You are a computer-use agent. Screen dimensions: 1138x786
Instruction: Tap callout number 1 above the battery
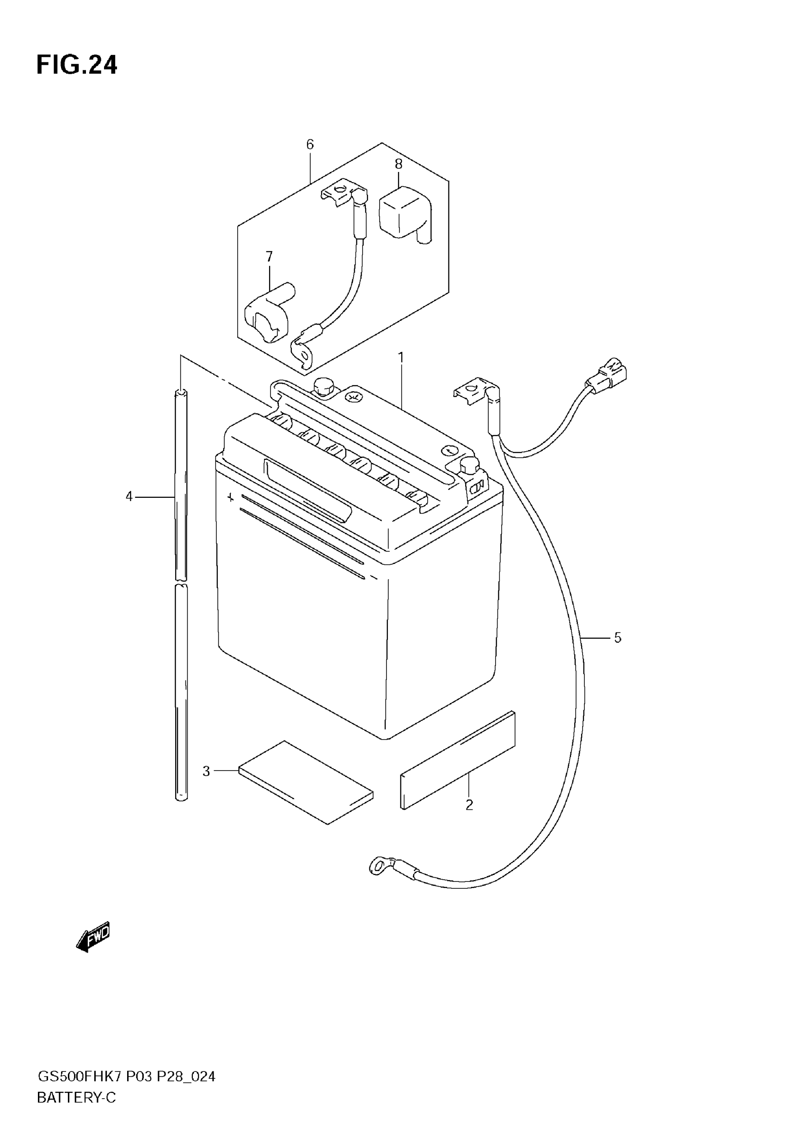coord(401,357)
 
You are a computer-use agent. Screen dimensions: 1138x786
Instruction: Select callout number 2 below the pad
coord(469,805)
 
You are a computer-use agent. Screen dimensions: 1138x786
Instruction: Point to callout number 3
coord(206,771)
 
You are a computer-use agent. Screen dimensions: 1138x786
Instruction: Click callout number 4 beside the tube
coord(129,496)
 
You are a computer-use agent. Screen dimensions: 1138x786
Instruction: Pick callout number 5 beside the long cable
coord(618,638)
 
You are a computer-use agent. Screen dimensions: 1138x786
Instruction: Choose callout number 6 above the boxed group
coord(310,144)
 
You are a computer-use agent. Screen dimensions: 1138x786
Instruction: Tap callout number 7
coord(270,257)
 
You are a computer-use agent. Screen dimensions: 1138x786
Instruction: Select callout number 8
coord(399,164)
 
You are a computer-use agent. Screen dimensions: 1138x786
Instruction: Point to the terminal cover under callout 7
coord(266,312)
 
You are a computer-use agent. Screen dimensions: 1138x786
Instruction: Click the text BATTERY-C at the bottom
coord(76,1097)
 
